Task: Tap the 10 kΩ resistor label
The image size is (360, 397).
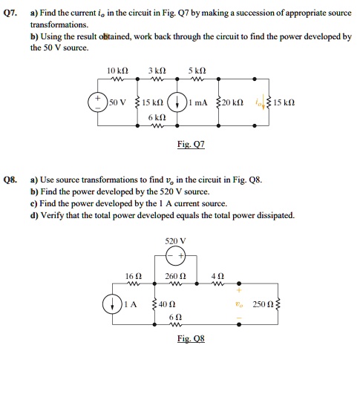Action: coord(116,72)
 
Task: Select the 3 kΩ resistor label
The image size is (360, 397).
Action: coord(153,72)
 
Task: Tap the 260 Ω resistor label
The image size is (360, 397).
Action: coord(176,275)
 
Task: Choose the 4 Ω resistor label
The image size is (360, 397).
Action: coord(217,275)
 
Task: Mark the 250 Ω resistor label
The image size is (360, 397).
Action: coord(263,304)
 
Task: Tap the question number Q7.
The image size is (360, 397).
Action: coord(10,14)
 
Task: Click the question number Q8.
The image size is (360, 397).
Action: coord(10,180)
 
